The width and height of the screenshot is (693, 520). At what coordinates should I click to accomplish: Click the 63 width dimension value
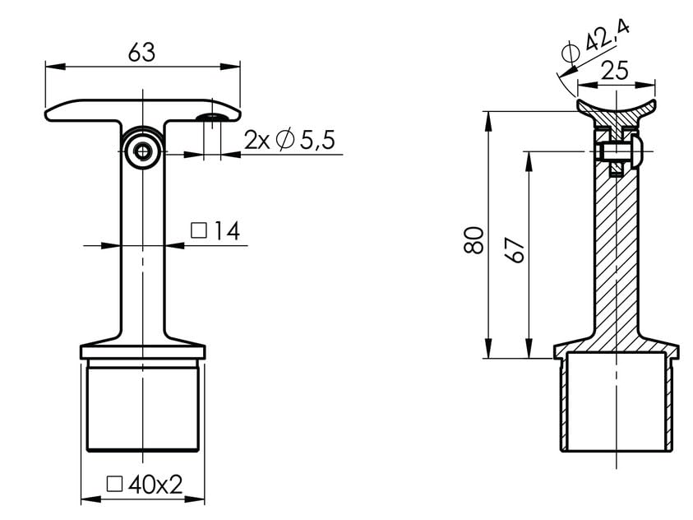[x=142, y=52]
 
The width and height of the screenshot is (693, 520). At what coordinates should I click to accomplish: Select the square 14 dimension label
[x=215, y=231]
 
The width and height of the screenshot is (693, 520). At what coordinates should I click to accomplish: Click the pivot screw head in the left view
[x=144, y=151]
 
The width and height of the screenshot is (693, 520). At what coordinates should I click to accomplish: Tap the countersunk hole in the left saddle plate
[x=212, y=118]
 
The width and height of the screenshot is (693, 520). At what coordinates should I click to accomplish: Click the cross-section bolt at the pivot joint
[x=618, y=151]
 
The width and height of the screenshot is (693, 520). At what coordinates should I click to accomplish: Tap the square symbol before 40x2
[x=115, y=485]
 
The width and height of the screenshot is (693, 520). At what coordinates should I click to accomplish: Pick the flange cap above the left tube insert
[x=143, y=352]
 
